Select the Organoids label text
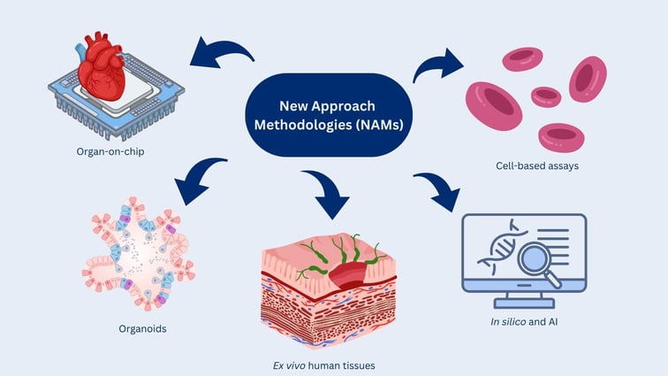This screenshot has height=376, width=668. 141,328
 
